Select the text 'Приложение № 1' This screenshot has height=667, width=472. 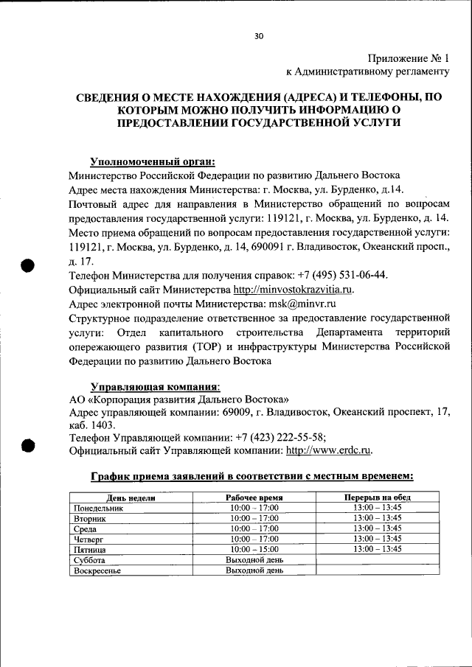point(409,57)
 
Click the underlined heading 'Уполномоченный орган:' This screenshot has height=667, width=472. point(153,161)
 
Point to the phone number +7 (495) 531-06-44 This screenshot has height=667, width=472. point(341,275)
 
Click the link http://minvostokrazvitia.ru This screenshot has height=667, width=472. point(294,289)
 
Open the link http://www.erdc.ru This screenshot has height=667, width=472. point(328,450)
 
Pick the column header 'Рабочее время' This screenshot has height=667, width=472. point(254,497)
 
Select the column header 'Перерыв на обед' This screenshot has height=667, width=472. point(377,497)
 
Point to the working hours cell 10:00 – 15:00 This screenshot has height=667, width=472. point(254,549)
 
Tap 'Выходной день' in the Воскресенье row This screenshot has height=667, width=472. point(254,570)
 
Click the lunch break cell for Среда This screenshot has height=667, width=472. point(377,528)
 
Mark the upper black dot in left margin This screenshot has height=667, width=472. point(28,266)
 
